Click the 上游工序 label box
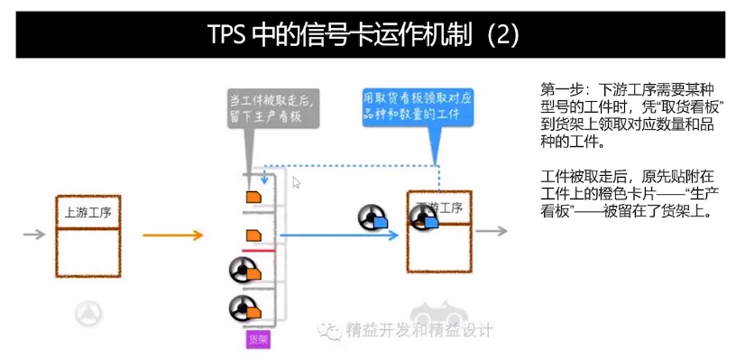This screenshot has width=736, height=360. tap(87, 213)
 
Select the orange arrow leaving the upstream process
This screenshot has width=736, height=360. tap(172, 235)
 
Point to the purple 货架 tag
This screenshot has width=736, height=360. tap(258, 339)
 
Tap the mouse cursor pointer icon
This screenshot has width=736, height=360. tap(297, 182)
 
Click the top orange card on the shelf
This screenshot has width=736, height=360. tap(254, 195)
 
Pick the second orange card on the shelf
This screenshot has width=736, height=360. tap(254, 235)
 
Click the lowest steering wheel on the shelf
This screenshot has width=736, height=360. tap(242, 309)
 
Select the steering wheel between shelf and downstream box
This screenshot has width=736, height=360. tap(369, 217)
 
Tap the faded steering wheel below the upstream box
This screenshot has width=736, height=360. tap(88, 312)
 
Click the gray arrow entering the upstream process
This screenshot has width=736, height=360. tap(34, 235)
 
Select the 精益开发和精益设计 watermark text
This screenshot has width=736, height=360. tap(419, 330)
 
